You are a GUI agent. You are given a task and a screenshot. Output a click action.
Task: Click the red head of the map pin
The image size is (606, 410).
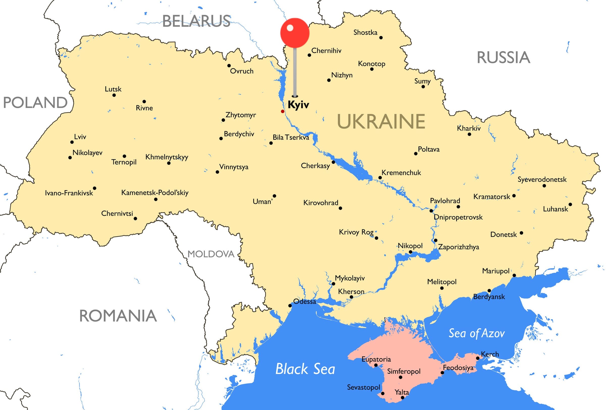(295, 33)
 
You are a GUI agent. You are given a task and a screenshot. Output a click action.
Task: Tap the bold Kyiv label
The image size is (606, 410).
(298, 105)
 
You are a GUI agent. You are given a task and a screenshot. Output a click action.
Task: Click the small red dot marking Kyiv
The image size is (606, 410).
(282, 111)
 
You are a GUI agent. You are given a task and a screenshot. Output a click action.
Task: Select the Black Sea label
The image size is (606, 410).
(305, 369)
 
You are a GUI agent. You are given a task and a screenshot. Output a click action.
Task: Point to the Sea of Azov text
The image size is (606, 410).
(476, 333)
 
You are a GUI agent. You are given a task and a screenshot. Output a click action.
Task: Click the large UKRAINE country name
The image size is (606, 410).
(381, 121)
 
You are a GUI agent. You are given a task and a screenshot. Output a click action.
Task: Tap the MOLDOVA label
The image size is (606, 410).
(211, 254)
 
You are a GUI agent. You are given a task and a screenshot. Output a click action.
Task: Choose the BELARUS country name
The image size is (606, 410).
(196, 21)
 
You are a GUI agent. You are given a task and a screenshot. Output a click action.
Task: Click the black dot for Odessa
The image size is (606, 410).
(290, 305)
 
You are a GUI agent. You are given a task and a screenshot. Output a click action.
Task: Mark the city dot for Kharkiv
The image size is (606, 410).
(469, 134)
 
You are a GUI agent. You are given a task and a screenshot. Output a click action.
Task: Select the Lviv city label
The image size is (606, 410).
(80, 137)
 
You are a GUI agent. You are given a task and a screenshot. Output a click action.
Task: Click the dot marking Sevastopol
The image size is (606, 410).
(383, 394)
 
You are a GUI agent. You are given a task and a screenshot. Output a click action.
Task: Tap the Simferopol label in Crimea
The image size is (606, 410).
(404, 371)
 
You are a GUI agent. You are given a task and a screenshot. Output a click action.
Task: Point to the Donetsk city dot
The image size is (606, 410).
(521, 233)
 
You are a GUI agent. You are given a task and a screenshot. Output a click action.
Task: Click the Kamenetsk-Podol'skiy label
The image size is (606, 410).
(155, 193)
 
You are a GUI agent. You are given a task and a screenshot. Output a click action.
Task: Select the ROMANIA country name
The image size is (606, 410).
(118, 316)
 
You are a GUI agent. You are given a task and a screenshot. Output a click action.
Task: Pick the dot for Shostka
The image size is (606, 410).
(381, 38)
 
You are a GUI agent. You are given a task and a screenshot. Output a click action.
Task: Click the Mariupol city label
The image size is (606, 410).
(495, 271)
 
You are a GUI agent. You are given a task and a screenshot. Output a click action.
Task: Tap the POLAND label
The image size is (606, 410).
(35, 102)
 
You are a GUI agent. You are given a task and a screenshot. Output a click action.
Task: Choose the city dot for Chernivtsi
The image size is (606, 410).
(135, 218)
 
